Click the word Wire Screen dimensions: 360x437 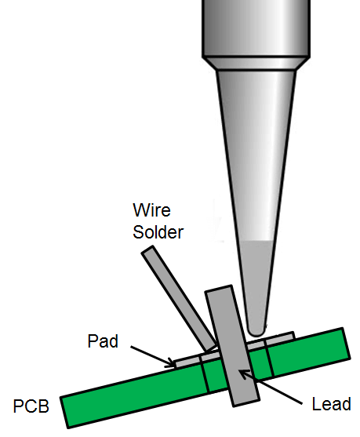click(x=151, y=209)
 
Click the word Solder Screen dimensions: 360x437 click(x=158, y=232)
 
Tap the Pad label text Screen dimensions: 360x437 click(x=103, y=340)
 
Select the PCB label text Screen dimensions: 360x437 click(x=31, y=406)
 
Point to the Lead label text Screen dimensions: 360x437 click(x=331, y=404)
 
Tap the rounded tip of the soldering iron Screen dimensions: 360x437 click(x=256, y=331)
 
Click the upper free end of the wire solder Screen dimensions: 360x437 click(x=147, y=249)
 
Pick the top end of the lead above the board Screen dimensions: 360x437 click(x=219, y=289)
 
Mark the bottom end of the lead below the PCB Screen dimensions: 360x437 click(x=246, y=403)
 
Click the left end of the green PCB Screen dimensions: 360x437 click(x=64, y=413)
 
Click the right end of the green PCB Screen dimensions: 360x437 click(x=346, y=344)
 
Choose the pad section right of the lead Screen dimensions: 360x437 click(x=270, y=340)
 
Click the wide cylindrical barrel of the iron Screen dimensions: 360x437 click(x=256, y=28)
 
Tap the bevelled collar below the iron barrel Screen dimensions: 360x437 click(x=256, y=64)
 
